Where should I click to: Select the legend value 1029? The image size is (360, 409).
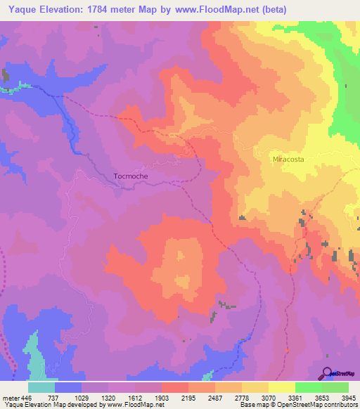click(82, 397)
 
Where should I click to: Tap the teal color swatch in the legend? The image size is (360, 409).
click(41, 387)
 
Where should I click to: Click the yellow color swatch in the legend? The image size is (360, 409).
click(282, 387)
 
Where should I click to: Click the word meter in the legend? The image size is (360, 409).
click(11, 397)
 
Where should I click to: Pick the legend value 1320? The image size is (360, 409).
click(108, 397)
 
